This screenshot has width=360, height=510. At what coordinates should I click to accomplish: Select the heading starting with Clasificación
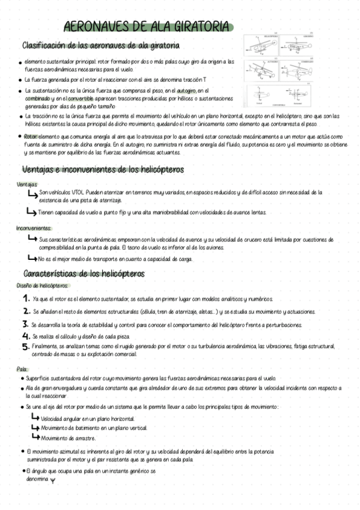[x=100, y=46]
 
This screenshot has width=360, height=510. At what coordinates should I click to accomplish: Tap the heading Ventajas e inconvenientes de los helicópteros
[x=103, y=170]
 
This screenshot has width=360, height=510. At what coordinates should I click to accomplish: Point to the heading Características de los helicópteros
[x=84, y=274]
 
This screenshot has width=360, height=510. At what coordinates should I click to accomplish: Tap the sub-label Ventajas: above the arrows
[x=27, y=184]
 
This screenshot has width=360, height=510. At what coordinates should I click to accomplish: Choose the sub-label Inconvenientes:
[x=34, y=228]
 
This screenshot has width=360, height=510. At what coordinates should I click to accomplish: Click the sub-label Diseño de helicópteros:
[x=43, y=286]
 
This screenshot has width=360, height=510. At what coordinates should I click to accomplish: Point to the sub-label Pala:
[x=23, y=369]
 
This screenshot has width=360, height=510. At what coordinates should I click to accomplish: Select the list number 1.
[x=26, y=298]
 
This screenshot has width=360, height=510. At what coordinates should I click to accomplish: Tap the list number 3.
[x=26, y=325]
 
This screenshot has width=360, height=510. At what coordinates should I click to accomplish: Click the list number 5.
[x=26, y=346]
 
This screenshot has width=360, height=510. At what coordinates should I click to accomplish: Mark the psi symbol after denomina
[x=53, y=480]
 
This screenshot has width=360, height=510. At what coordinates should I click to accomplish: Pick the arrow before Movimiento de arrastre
[x=35, y=437]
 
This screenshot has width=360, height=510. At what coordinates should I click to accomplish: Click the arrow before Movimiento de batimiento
[x=35, y=428]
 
